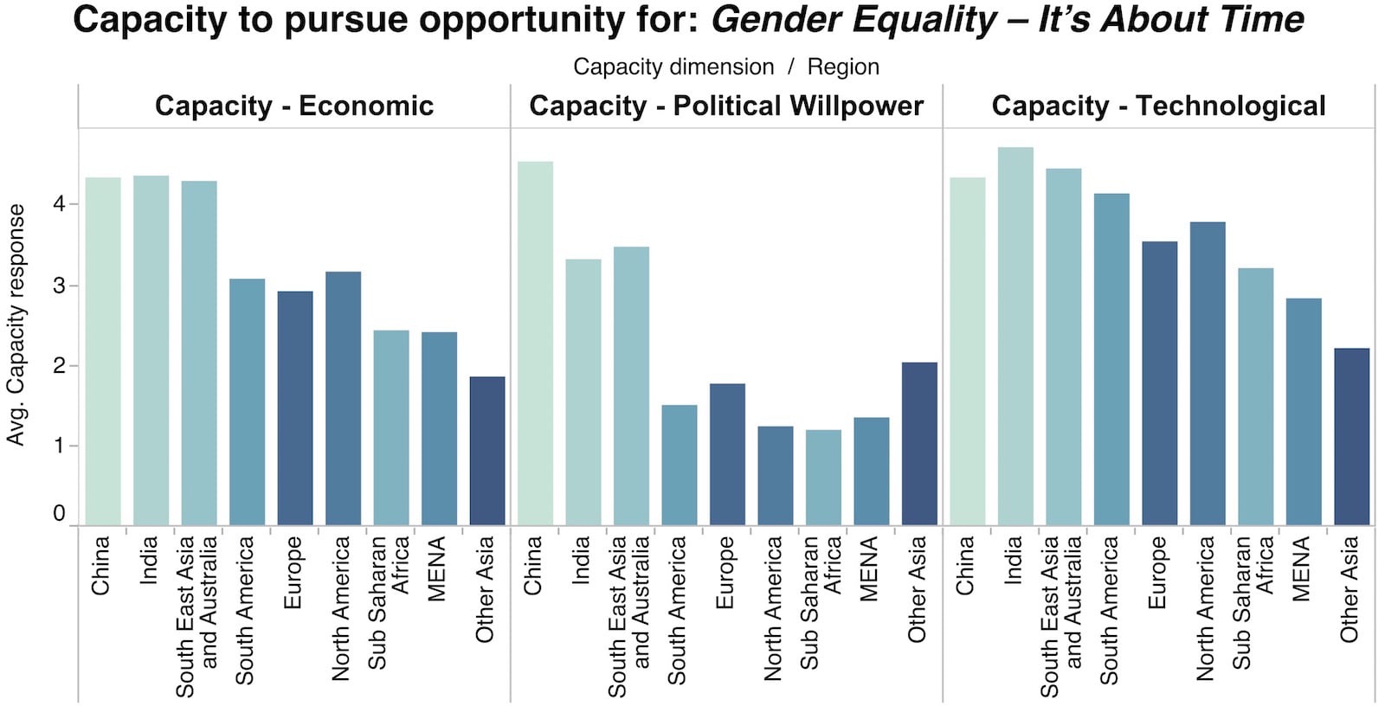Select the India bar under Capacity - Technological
[1015, 337]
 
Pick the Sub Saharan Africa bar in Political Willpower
[823, 478]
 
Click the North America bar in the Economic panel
[343, 399]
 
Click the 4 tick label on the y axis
[59, 204]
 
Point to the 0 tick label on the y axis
[59, 513]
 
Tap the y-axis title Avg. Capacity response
[16, 325]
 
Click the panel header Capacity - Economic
[294, 106]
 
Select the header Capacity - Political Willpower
[726, 106]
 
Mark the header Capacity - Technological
[1158, 106]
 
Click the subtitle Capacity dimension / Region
[725, 67]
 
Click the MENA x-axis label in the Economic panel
[437, 568]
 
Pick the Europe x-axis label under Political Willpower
[725, 572]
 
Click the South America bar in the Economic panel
[247, 402]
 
